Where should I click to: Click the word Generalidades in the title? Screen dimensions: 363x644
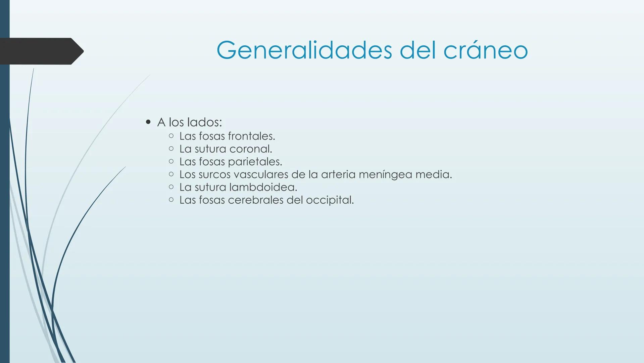tap(304, 50)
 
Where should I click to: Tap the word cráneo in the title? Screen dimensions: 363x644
tap(486, 50)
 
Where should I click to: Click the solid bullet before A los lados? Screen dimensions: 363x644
tap(148, 122)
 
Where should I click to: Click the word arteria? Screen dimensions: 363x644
tap(338, 174)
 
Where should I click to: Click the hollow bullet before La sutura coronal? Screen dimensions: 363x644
tap(171, 149)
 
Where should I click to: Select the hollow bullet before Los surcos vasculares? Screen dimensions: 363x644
tap(171, 174)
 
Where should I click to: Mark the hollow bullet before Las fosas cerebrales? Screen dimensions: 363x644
tap(171, 200)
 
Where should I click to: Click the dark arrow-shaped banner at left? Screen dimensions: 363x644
tap(40, 51)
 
